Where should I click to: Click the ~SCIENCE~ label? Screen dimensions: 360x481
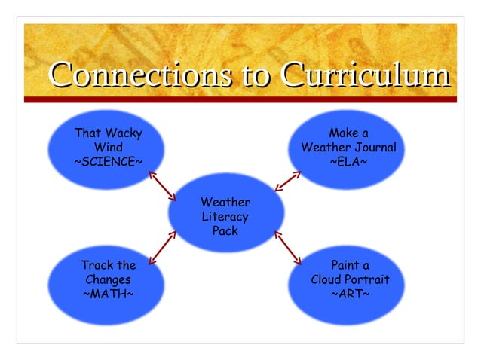click(108, 161)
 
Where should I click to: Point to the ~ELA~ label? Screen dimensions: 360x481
click(349, 162)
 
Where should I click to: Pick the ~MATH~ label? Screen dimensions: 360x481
click(108, 293)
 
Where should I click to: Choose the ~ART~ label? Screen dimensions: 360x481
click(350, 293)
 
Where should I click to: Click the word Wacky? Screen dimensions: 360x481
click(124, 133)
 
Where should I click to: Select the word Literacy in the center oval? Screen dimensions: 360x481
click(225, 217)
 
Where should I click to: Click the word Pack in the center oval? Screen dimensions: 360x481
click(225, 231)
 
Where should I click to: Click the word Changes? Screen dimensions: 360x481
click(108, 279)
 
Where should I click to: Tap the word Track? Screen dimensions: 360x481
click(96, 265)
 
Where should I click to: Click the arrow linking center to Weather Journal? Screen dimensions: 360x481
click(287, 182)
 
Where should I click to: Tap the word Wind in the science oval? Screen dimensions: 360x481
click(108, 148)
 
